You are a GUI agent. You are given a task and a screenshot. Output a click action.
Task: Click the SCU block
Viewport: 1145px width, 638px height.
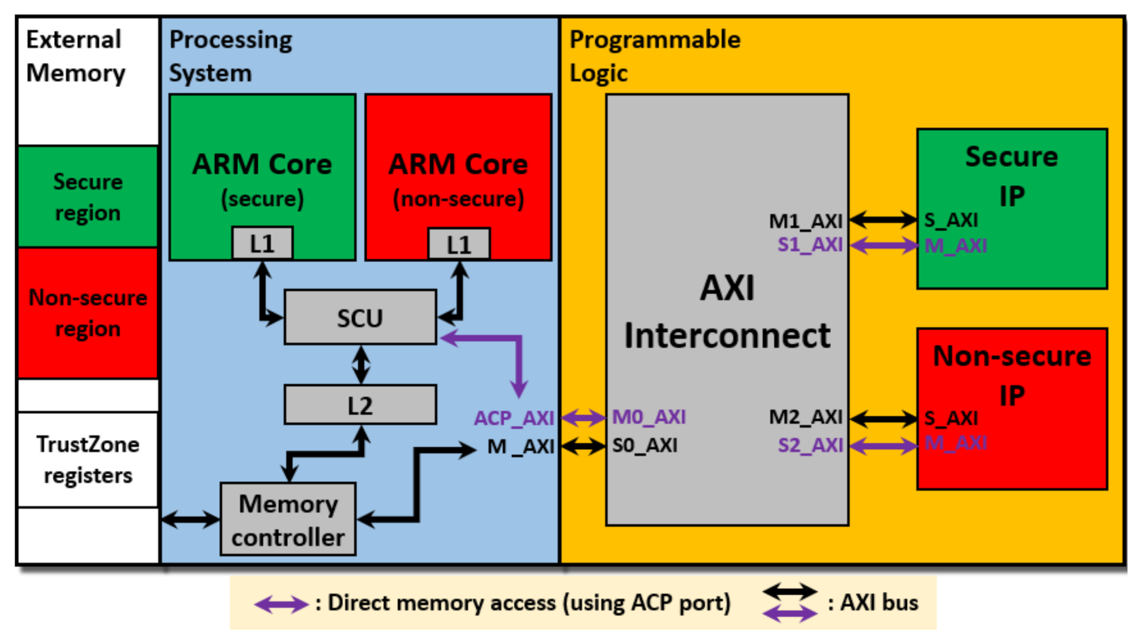pyautogui.click(x=360, y=317)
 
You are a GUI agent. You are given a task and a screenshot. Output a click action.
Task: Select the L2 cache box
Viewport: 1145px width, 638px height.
pyautogui.click(x=360, y=405)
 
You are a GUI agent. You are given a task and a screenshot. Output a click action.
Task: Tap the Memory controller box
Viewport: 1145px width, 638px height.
pyautogui.click(x=288, y=520)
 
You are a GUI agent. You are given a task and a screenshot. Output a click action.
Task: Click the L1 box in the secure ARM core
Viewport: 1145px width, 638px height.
pyautogui.click(x=262, y=243)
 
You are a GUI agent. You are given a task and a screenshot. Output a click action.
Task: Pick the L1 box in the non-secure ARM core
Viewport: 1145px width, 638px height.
pyautogui.click(x=459, y=244)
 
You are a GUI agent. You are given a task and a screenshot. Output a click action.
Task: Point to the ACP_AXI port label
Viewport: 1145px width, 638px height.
pyautogui.click(x=513, y=418)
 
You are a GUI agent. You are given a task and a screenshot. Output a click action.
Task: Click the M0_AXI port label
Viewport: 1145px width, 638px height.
pyautogui.click(x=649, y=417)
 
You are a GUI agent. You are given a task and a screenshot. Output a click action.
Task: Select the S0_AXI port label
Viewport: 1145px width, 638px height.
pyautogui.click(x=644, y=446)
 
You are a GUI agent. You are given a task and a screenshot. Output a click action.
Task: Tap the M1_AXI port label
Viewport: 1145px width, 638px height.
pyautogui.click(x=805, y=221)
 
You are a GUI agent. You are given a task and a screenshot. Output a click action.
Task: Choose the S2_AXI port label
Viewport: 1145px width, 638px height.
pyautogui.click(x=810, y=445)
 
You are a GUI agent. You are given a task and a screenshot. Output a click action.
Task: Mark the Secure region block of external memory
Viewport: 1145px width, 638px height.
pyautogui.click(x=88, y=197)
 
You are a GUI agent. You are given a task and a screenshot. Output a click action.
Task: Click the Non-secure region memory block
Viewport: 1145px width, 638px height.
pyautogui.click(x=88, y=313)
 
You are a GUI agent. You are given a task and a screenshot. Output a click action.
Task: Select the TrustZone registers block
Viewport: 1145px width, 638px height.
pyautogui.click(x=88, y=460)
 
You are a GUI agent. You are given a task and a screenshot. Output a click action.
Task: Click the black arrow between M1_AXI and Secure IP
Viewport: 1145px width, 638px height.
pyautogui.click(x=883, y=220)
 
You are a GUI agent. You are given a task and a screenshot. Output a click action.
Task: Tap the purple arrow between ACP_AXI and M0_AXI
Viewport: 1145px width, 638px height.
pyautogui.click(x=583, y=417)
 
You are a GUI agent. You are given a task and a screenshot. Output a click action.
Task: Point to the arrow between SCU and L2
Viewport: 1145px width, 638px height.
pyautogui.click(x=360, y=365)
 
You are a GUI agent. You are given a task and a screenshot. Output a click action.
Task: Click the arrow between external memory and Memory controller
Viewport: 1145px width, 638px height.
pyautogui.click(x=190, y=520)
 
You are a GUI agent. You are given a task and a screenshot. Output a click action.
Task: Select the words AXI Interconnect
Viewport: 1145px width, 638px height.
pyautogui.click(x=727, y=312)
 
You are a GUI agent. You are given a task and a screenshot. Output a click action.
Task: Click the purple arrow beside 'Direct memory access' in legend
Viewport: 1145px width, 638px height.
pyautogui.click(x=281, y=605)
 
